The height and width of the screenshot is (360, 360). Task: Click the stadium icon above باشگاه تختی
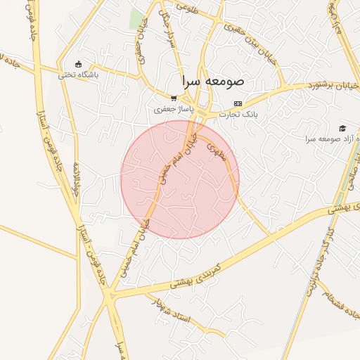pyautogui.click(x=78, y=63)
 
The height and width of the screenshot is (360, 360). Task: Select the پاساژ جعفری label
pyautogui.click(x=172, y=110)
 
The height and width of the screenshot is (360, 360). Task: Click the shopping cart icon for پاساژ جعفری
pyautogui.click(x=174, y=99)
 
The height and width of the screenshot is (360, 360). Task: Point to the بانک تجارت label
pyautogui.click(x=239, y=113)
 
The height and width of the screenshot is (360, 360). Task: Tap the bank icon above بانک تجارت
pyautogui.click(x=238, y=103)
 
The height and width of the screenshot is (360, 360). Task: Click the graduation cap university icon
pyautogui.click(x=342, y=128)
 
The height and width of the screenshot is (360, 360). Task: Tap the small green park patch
pyautogui.click(x=136, y=19)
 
